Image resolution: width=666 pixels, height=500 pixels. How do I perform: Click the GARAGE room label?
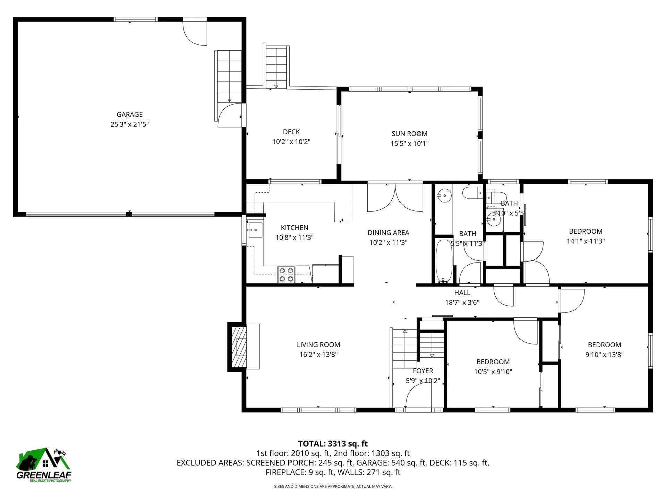tap(129, 115)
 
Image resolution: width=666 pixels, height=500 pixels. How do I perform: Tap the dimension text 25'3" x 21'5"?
tap(129, 124)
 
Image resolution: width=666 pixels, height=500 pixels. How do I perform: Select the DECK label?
tap(291, 132)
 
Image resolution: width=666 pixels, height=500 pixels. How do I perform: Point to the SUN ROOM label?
tap(409, 134)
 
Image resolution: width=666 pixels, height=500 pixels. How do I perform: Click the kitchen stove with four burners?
tap(286, 275)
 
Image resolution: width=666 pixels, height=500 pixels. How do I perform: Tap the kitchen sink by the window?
tap(255, 230)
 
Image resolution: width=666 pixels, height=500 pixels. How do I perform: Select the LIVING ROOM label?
tap(318, 345)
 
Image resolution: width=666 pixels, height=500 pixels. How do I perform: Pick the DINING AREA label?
tap(388, 233)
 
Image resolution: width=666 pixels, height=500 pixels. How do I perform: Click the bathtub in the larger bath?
tap(444, 261)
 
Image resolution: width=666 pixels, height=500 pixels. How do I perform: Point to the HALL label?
tap(462, 293)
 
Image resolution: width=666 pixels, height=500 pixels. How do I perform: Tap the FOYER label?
tap(423, 371)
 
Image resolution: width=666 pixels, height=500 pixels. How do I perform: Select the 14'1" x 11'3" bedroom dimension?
tap(586, 241)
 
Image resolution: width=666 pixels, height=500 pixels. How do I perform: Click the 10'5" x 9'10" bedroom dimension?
tap(493, 372)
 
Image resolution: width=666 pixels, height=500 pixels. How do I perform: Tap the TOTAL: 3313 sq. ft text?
tap(333, 444)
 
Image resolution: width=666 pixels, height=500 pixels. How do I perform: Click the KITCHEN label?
tap(294, 228)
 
